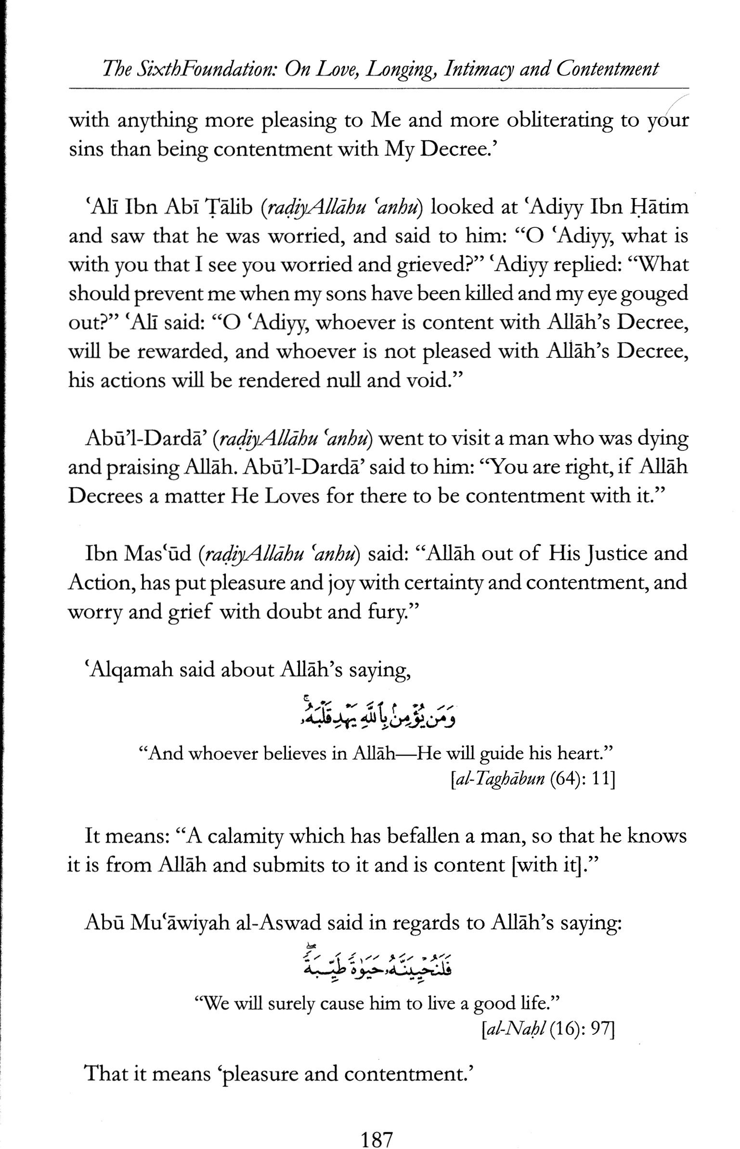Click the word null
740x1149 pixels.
pos(343,381)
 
